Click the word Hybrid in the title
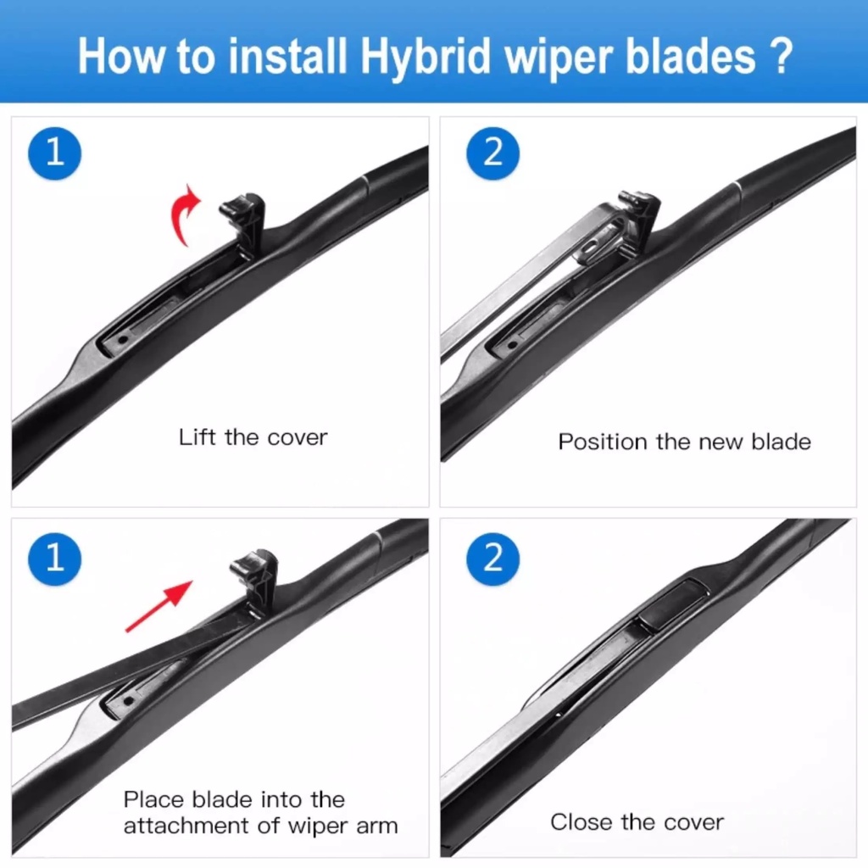[x=426, y=57]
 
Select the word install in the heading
[x=287, y=55]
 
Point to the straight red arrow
[x=159, y=605]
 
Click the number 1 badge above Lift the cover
[x=54, y=153]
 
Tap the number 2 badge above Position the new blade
[x=492, y=153]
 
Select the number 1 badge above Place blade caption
[x=54, y=558]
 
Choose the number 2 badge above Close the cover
[x=492, y=558]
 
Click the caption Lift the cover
[x=253, y=437]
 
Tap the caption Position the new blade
[x=684, y=442]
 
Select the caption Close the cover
[x=637, y=822]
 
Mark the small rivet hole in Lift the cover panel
[x=123, y=339]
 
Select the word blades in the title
[x=690, y=55]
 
